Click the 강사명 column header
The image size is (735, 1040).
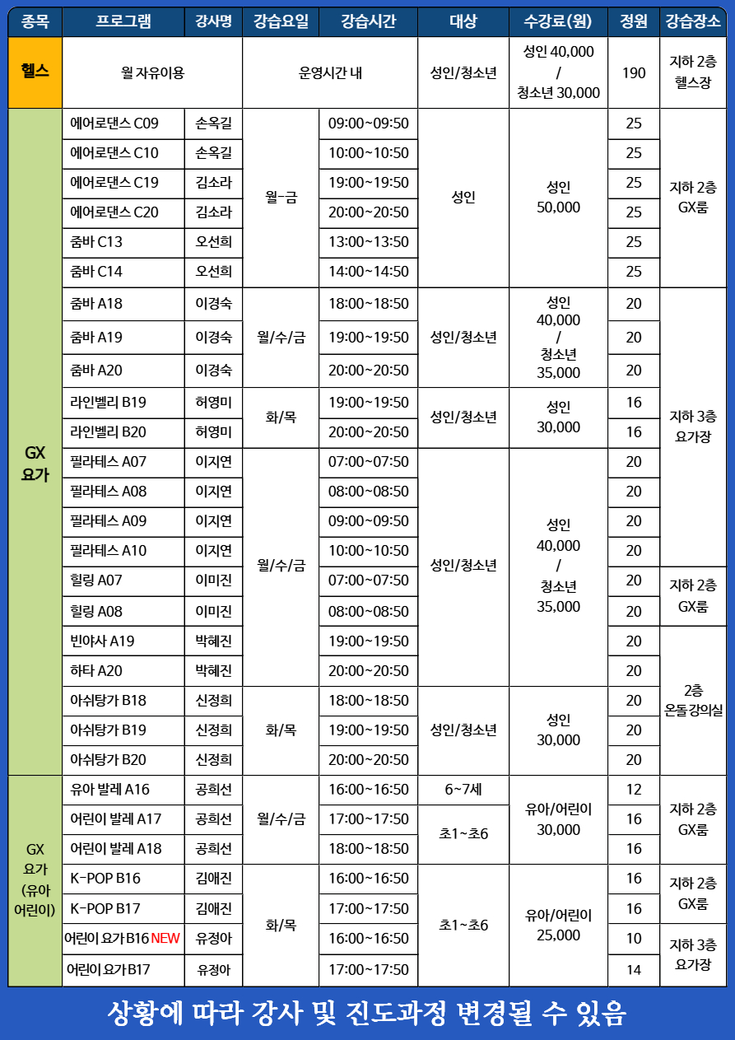tap(213, 22)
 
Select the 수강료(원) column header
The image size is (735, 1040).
tap(558, 22)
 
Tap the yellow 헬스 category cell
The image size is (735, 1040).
tap(35, 72)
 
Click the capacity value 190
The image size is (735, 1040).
tap(634, 72)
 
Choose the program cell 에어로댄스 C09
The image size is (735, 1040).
tap(114, 124)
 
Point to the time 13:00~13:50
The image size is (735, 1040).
tap(368, 242)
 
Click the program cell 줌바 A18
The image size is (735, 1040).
tap(96, 303)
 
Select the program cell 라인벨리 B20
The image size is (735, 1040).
tap(109, 432)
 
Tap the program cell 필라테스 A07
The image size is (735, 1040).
tap(109, 462)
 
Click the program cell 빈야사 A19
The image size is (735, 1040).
tap(102, 641)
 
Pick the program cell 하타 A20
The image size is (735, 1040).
tap(96, 670)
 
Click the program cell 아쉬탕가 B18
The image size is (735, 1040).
tap(109, 700)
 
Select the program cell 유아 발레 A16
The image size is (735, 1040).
tap(110, 789)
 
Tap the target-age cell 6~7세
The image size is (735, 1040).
tap(463, 789)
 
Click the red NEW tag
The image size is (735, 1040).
tap(165, 938)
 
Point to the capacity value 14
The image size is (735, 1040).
tap(634, 969)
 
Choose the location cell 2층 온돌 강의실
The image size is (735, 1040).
tap(693, 700)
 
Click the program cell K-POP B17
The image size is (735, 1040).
tap(105, 908)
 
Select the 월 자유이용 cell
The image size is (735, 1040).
tap(152, 72)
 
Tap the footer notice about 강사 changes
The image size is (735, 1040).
tap(367, 1013)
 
